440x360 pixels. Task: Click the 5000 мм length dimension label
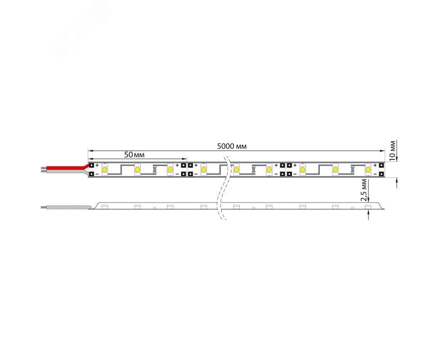232,146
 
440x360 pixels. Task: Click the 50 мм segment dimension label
135,155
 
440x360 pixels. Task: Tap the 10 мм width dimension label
393,151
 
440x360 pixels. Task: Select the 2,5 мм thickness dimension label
364,191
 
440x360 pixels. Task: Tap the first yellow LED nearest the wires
105,170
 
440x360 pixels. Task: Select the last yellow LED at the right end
368,170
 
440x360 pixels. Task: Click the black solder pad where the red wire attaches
91,166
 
